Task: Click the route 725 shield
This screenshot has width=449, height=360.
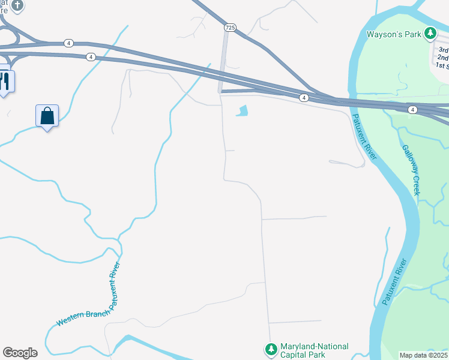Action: (x=231, y=28)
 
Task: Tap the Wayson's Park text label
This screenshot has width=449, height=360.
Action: (x=396, y=34)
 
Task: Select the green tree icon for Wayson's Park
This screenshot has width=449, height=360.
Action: (x=430, y=34)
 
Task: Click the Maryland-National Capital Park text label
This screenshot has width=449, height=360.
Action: (x=316, y=351)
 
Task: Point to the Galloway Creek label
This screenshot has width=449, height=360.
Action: (x=411, y=170)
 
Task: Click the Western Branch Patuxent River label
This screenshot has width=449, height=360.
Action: (x=89, y=295)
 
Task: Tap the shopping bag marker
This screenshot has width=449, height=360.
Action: (x=47, y=115)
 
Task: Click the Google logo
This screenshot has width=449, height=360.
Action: (x=20, y=353)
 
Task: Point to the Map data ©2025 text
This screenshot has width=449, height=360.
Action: (x=423, y=355)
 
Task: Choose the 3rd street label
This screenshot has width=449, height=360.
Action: (x=443, y=50)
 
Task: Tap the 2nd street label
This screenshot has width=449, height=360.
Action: (x=442, y=58)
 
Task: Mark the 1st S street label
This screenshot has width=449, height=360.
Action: (x=442, y=65)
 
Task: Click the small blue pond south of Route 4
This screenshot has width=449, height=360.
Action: (x=243, y=111)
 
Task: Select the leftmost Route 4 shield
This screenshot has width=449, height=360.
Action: (x=69, y=43)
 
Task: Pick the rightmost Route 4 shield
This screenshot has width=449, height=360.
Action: (x=412, y=109)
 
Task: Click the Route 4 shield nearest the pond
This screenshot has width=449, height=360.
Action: (x=304, y=97)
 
